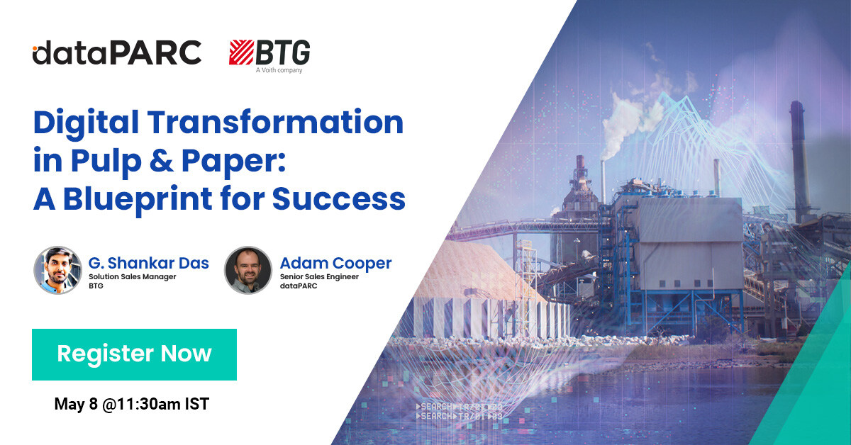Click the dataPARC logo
[x=117, y=53]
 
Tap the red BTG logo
[x=269, y=53]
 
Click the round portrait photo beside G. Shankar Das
[x=57, y=270]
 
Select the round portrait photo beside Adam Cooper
[x=248, y=270]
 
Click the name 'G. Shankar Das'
[x=149, y=264]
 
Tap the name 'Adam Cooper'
[x=335, y=264]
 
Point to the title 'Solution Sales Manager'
[x=133, y=277]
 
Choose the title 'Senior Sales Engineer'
[x=319, y=277]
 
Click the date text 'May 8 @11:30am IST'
[x=132, y=405]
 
